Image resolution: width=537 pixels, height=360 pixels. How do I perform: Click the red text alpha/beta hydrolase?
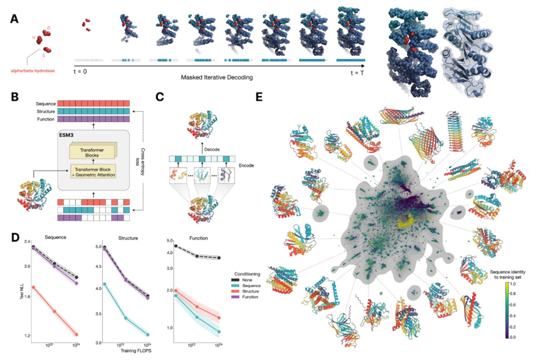[37, 71]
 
